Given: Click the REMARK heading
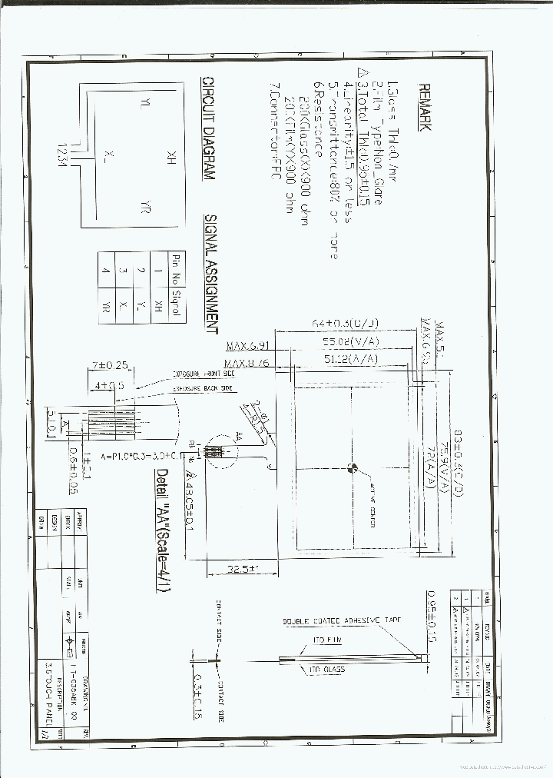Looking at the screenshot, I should pos(424,107).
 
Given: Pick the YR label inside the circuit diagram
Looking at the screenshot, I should pos(144,207).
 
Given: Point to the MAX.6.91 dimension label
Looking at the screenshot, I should pos(248,347).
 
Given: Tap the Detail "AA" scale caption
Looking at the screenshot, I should pos(162,530).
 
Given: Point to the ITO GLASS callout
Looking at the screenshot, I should pos(326,670).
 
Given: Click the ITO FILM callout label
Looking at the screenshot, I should pos(328,639).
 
